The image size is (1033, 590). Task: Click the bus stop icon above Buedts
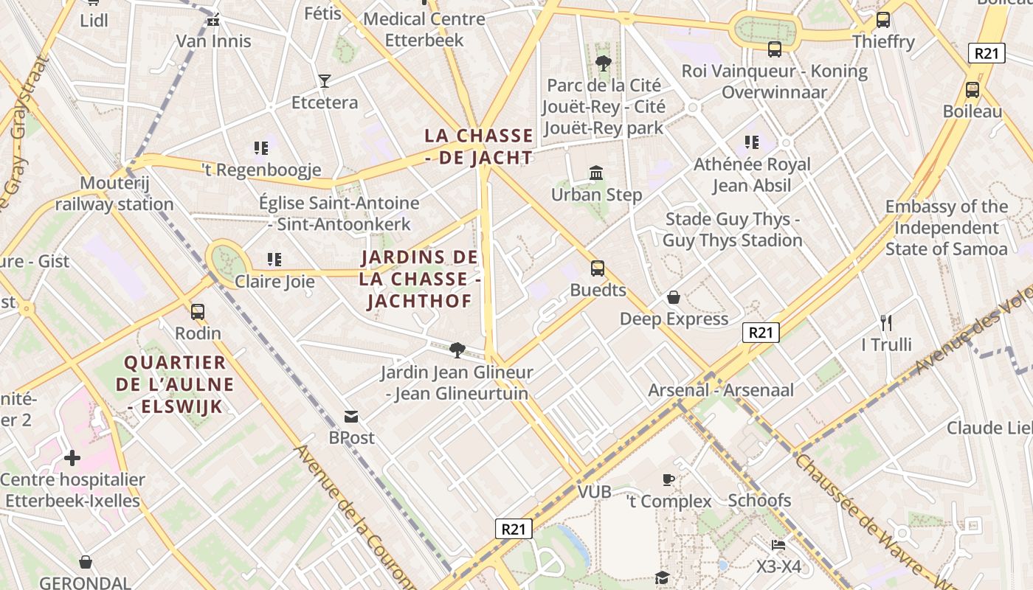tap(598, 268)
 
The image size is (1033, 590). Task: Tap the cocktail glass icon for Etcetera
tap(324, 80)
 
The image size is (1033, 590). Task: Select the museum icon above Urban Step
tap(596, 173)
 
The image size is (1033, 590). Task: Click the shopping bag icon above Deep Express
tap(674, 297)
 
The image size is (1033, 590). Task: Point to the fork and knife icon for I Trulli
tap(886, 322)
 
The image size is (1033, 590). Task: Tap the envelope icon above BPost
tap(351, 417)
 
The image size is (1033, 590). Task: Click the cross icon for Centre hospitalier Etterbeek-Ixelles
tap(72, 458)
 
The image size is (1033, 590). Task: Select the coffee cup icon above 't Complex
tap(668, 480)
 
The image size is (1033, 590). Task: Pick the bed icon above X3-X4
tap(778, 545)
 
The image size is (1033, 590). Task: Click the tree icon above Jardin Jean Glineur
tap(457, 350)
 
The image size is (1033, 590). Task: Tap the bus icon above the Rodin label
tap(197, 311)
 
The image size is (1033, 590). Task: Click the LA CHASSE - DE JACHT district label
tap(478, 146)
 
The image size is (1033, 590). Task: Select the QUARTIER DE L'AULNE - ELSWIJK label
tap(175, 384)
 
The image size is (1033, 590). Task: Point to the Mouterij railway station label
tap(114, 193)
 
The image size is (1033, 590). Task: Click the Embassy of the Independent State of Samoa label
tap(946, 227)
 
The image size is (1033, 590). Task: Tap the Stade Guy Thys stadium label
tap(732, 229)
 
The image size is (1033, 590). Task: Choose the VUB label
tap(594, 492)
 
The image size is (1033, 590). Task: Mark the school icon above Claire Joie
tap(274, 260)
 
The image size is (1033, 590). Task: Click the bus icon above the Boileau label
tap(972, 90)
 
